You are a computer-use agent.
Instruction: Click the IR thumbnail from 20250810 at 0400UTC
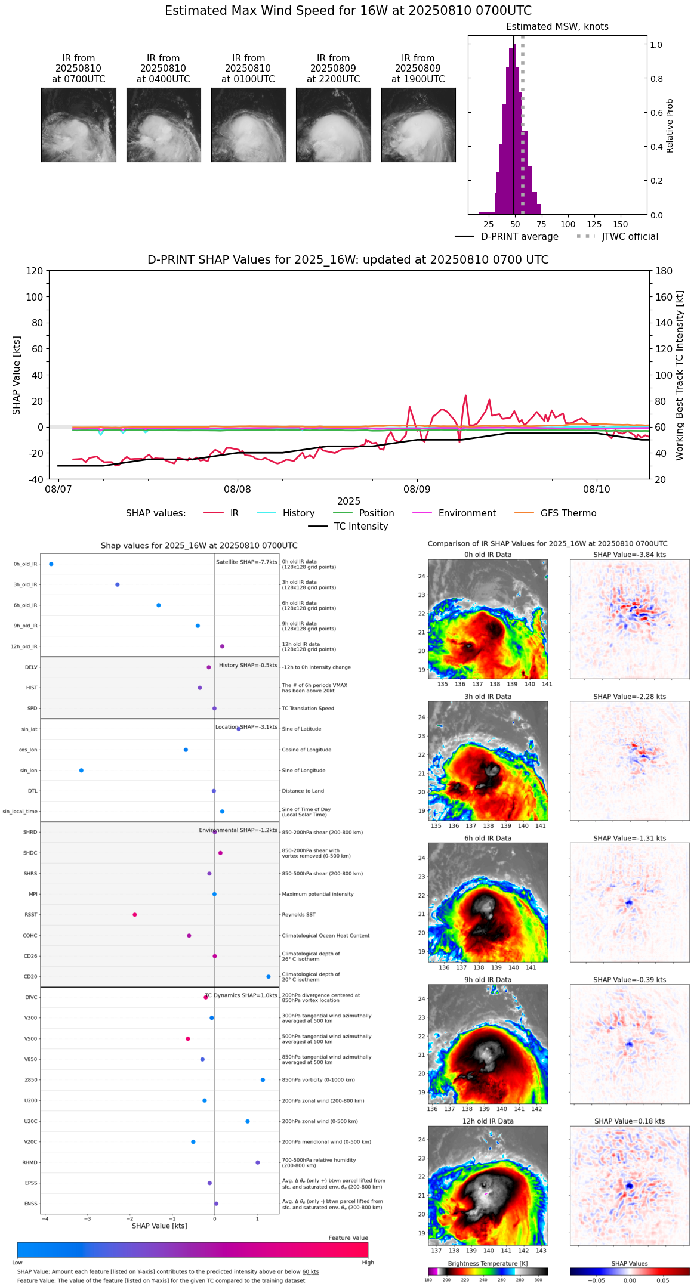(x=164, y=125)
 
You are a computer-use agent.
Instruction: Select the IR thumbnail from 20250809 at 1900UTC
(x=418, y=125)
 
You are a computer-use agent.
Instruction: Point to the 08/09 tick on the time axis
(x=417, y=490)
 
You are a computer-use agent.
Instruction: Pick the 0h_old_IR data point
(x=51, y=564)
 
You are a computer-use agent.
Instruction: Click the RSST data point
(x=135, y=915)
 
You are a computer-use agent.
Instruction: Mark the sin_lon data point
(x=81, y=771)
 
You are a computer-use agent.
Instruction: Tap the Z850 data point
(x=263, y=1080)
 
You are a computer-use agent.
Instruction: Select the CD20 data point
(x=269, y=977)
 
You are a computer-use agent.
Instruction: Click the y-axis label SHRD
(x=30, y=833)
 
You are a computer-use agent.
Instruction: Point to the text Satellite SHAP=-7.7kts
(x=246, y=562)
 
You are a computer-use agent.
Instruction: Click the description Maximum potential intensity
(x=317, y=895)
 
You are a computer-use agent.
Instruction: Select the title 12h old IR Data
(x=488, y=1122)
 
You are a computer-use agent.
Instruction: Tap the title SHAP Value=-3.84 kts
(x=630, y=555)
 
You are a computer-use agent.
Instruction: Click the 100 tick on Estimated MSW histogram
(x=568, y=225)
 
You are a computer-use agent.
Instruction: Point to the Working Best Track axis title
(x=680, y=376)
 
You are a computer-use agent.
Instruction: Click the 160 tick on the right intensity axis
(x=664, y=297)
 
